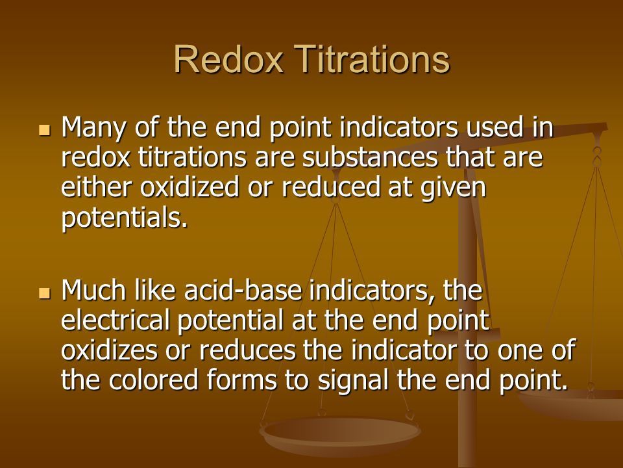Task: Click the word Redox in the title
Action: click(x=228, y=59)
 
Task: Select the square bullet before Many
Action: click(x=45, y=130)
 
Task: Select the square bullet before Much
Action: click(x=45, y=293)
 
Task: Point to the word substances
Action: click(x=370, y=157)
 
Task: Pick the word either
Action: click(x=96, y=187)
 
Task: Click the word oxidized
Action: click(x=189, y=187)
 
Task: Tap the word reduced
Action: click(x=331, y=187)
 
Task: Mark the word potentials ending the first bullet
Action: click(x=124, y=218)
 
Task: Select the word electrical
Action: click(x=116, y=320)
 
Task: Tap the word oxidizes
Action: click(x=109, y=350)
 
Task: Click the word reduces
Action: click(x=247, y=350)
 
